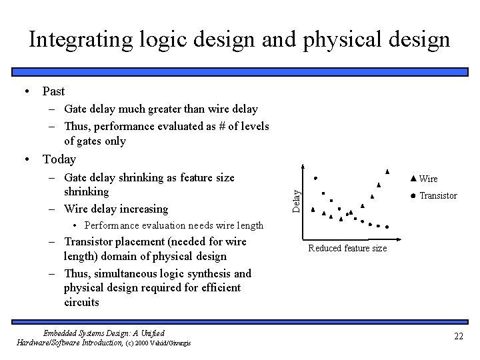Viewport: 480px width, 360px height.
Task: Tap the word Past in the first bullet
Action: point(53,91)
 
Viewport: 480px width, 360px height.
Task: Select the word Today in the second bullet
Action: point(59,159)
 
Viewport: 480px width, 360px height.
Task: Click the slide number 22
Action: point(458,336)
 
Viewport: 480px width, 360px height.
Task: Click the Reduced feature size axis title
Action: point(347,249)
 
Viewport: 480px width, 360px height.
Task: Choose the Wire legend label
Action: point(429,179)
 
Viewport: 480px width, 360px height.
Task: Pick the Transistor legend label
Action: point(438,196)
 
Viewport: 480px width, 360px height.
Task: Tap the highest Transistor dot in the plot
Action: point(315,177)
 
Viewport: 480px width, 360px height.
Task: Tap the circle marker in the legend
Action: point(413,196)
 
